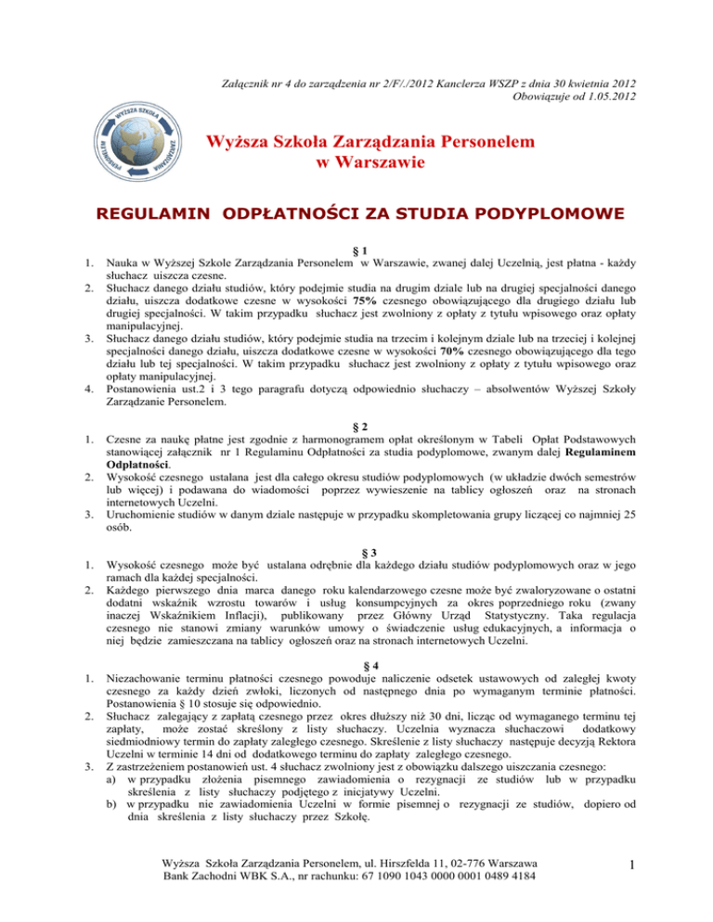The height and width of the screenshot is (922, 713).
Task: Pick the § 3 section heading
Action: coord(356,545)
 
